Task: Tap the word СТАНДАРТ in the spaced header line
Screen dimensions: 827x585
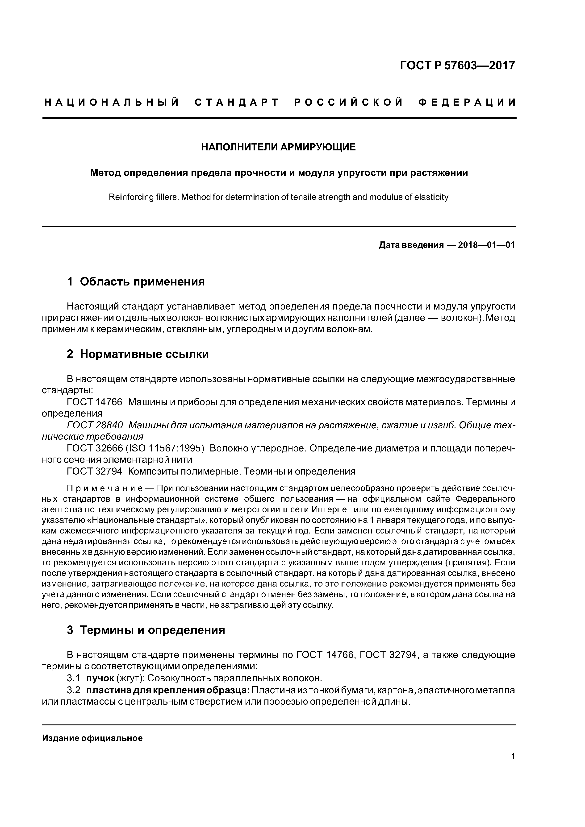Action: (x=237, y=103)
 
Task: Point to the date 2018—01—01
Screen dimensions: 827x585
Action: (x=486, y=245)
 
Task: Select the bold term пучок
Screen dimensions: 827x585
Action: (x=100, y=679)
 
